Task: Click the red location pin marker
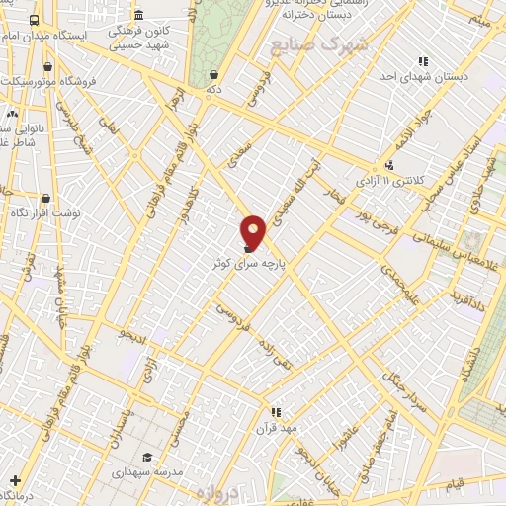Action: [254, 231]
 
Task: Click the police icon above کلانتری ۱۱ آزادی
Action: [391, 165]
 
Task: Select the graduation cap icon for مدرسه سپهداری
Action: [147, 457]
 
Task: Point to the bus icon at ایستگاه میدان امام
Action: [36, 20]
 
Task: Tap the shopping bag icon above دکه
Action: [214, 74]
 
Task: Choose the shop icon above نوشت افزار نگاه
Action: [46, 198]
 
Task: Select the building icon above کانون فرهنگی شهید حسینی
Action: [137, 16]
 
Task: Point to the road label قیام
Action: [456, 482]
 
